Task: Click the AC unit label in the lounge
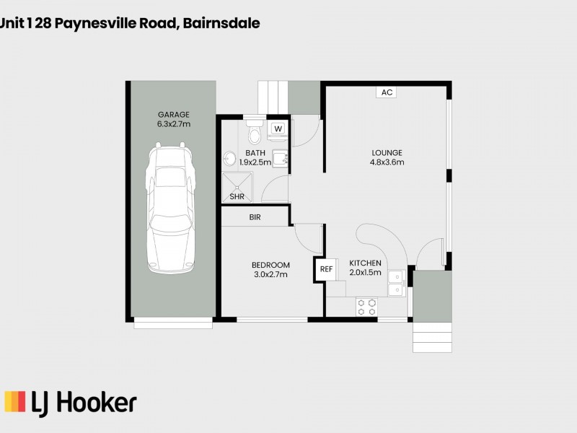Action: point(387,92)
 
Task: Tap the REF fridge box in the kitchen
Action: point(326,269)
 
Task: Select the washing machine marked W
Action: point(278,128)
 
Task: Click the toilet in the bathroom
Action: point(254,133)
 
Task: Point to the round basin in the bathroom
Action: point(229,159)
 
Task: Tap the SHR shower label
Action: point(236,196)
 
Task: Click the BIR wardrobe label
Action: point(255,216)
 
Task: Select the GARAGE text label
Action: point(173,114)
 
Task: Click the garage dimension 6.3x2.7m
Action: point(173,124)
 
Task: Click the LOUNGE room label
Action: point(387,152)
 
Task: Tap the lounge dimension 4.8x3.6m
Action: point(387,162)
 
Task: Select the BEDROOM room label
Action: point(270,265)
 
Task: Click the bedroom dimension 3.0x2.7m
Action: point(270,275)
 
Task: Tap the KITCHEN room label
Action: point(365,263)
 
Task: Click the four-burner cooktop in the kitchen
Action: point(367,307)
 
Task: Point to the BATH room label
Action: point(255,152)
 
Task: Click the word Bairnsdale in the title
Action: point(221,23)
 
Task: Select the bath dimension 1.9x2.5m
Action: point(255,162)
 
